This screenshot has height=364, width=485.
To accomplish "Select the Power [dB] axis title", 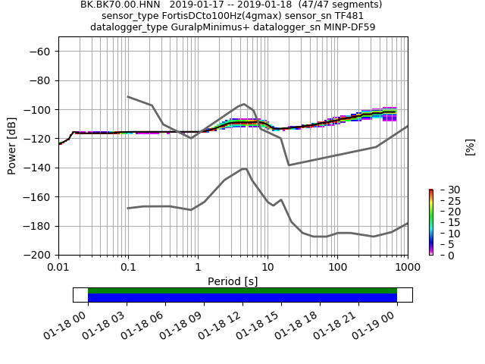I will pyautogui.click(x=12, y=146).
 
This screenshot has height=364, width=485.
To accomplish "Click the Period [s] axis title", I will pyautogui.click(x=233, y=281).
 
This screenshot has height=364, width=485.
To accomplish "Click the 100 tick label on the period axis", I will pyautogui.click(x=337, y=268).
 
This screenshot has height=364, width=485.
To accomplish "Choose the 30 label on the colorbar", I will pyautogui.click(x=444, y=190).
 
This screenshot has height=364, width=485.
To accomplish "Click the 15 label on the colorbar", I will pyautogui.click(x=444, y=222).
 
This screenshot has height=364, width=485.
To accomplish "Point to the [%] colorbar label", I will pyautogui.click(x=470, y=146).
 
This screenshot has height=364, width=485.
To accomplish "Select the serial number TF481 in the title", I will pyautogui.click(x=349, y=16).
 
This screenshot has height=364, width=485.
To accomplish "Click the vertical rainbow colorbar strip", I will pyautogui.click(x=430, y=222).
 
